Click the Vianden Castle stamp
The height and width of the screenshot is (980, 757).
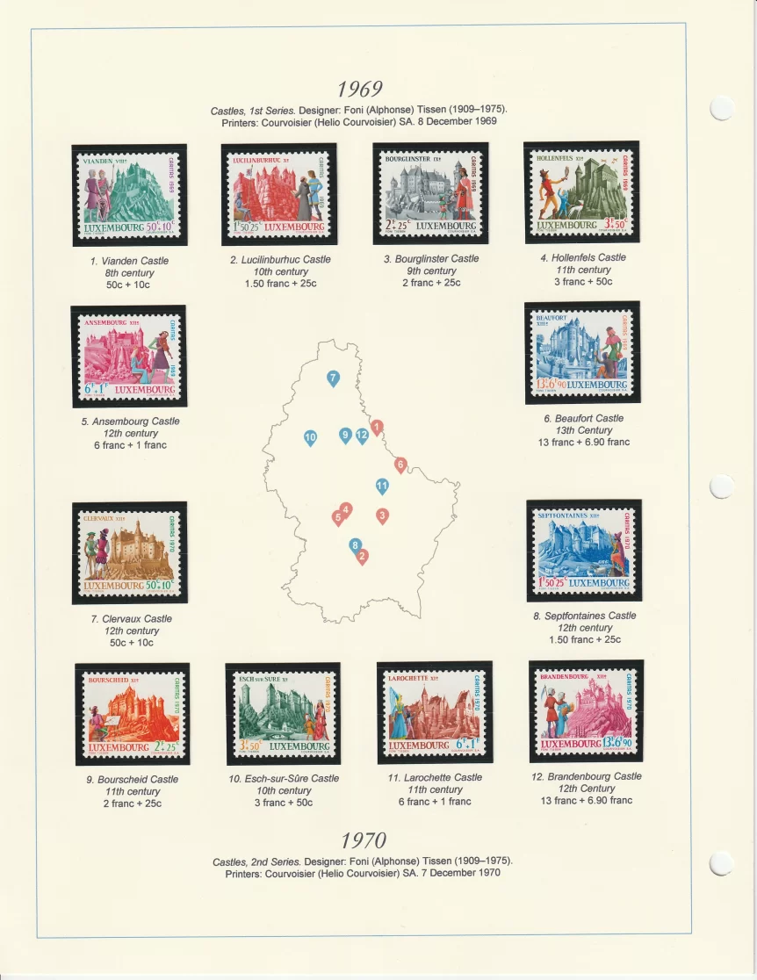coord(129,195)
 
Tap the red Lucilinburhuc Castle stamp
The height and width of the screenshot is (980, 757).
coord(278,194)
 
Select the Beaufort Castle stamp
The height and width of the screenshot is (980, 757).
coord(582,352)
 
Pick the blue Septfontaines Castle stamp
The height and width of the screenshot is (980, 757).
coord(584,551)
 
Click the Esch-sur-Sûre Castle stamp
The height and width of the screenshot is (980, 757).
coord(283,713)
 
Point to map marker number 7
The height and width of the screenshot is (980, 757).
coord(333,378)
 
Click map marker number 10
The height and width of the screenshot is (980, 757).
coord(310,436)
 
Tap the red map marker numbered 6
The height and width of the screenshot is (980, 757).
coord(400,464)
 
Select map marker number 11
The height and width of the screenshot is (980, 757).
coord(382,485)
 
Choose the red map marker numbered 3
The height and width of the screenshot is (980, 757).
coord(382,515)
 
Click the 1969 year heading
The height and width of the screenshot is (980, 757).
coord(360,90)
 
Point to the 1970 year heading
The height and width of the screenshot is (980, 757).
coord(364,840)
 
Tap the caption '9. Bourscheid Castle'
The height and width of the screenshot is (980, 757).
coord(133,779)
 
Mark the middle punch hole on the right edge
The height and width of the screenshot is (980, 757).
coord(722,486)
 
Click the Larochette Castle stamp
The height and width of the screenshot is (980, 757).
coord(434,712)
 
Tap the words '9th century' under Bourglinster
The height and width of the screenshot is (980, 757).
coord(430,270)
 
